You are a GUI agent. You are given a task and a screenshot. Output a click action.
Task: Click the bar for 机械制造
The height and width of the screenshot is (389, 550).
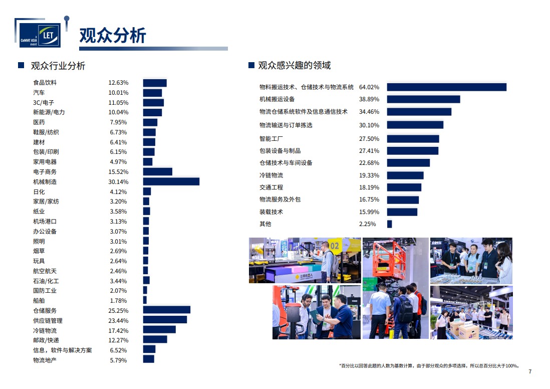click(x=171, y=181)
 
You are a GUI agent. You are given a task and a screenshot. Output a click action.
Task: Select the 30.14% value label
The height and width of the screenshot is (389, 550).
click(x=119, y=181)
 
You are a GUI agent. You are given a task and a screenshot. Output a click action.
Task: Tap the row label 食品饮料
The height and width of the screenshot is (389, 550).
click(x=45, y=83)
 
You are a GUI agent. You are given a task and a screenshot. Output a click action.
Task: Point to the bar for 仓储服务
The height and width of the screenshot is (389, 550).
click(x=166, y=310)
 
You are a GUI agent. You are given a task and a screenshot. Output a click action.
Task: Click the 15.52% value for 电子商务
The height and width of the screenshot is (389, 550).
click(x=119, y=172)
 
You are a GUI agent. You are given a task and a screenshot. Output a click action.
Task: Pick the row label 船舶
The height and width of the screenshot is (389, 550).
click(x=39, y=301)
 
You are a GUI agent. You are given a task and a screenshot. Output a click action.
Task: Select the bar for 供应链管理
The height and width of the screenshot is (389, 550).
click(x=165, y=320)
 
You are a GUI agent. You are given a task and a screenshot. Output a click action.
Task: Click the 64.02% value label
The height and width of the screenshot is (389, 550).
click(x=369, y=87)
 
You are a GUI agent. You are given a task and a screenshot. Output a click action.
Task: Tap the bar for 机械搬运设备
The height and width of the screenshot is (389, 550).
click(x=423, y=99)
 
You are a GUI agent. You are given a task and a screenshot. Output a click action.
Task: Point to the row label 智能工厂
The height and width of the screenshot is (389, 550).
click(x=270, y=139)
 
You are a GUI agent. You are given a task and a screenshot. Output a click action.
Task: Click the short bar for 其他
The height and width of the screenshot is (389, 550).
click(x=389, y=224)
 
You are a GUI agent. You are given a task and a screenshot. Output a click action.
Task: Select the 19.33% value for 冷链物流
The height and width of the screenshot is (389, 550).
click(x=369, y=175)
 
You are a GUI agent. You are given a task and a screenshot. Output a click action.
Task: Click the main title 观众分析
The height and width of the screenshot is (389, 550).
click(x=113, y=36)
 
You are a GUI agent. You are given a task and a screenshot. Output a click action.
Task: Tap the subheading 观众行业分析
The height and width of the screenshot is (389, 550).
click(x=58, y=66)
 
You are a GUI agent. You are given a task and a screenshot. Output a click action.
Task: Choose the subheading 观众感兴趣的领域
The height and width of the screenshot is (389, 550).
click(x=294, y=66)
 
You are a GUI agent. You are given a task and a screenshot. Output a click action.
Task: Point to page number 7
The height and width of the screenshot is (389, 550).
click(x=530, y=371)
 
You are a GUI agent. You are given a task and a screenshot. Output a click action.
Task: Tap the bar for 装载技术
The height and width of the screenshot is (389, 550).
click(x=402, y=212)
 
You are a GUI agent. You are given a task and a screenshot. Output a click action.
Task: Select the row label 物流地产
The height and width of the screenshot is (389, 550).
click(x=45, y=360)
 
